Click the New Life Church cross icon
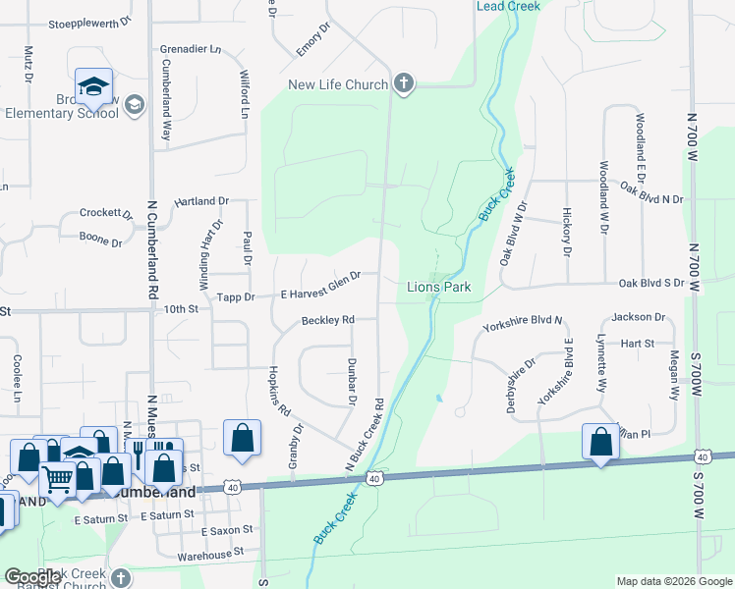[x=403, y=84]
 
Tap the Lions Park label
[x=439, y=287]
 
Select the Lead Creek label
[x=508, y=6]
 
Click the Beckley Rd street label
[x=327, y=320]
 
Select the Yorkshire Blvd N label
[x=523, y=320]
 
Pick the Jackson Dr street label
[x=638, y=317]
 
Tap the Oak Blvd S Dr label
[x=650, y=284]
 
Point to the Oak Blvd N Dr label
[x=650, y=198]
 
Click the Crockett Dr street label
[x=106, y=213]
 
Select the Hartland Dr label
[x=201, y=200]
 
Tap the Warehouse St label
[x=210, y=554]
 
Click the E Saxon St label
[x=226, y=530]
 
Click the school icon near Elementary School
[x=94, y=85]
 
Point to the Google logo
[x=34, y=578]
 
